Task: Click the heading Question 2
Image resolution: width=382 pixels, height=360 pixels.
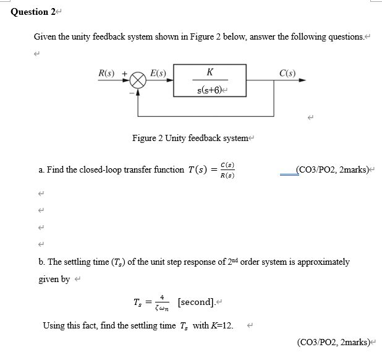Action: click(x=30, y=12)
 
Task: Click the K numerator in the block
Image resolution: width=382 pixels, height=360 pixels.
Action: click(x=210, y=72)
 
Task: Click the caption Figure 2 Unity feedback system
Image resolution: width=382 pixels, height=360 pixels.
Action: click(x=190, y=137)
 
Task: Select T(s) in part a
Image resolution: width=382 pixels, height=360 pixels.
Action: click(x=198, y=169)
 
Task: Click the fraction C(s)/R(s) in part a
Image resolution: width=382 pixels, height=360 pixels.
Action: click(x=227, y=170)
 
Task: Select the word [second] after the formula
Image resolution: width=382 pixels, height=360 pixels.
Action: click(x=196, y=302)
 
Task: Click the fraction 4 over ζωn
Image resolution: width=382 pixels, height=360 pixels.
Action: click(x=162, y=302)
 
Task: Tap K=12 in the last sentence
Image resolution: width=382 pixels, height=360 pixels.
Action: click(x=221, y=325)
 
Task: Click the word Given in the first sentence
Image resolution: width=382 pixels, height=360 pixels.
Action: click(x=45, y=37)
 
